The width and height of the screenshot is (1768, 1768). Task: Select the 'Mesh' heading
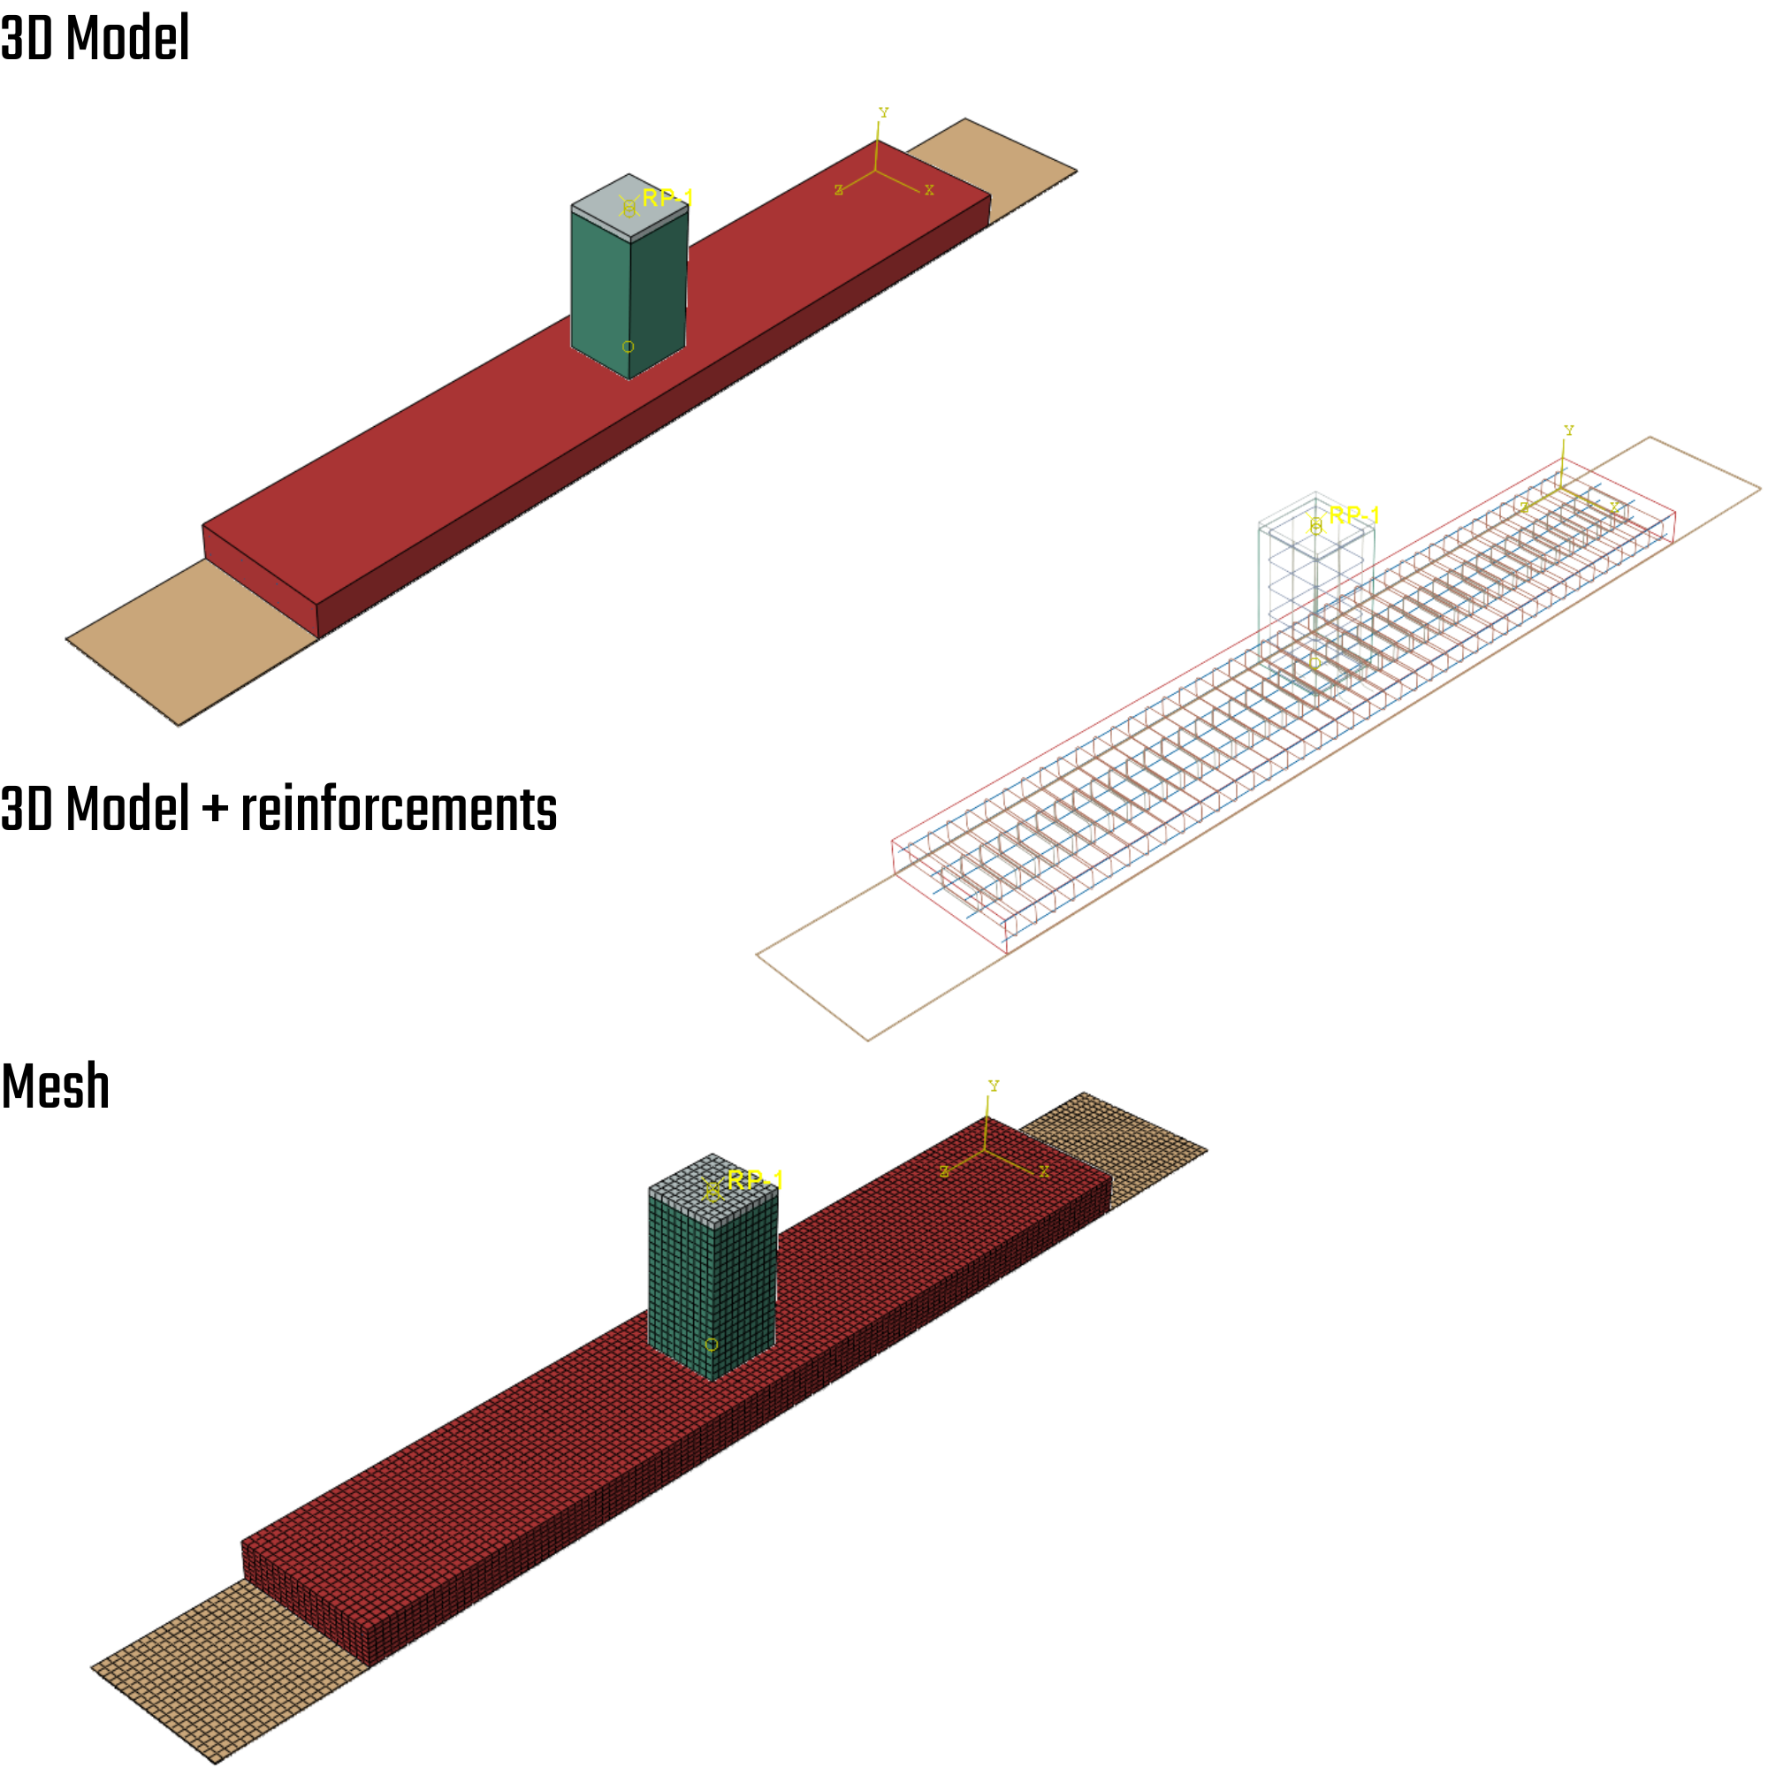tap(56, 1086)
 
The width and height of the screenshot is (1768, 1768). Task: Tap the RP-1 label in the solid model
tap(667, 198)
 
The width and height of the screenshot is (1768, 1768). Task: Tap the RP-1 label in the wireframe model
tap(1353, 515)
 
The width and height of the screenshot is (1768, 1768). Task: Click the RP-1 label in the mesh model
tap(754, 1179)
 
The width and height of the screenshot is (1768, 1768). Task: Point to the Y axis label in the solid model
tap(883, 112)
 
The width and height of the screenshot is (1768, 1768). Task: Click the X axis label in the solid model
tap(929, 190)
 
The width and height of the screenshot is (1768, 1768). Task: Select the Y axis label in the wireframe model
tap(1568, 431)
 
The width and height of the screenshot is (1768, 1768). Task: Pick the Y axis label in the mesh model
tap(994, 1086)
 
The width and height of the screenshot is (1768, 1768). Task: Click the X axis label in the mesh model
tap(1044, 1171)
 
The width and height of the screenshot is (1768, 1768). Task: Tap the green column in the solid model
tap(599, 284)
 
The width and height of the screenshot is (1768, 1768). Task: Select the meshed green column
tap(682, 1281)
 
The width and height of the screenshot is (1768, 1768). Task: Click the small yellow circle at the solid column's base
tap(628, 347)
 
